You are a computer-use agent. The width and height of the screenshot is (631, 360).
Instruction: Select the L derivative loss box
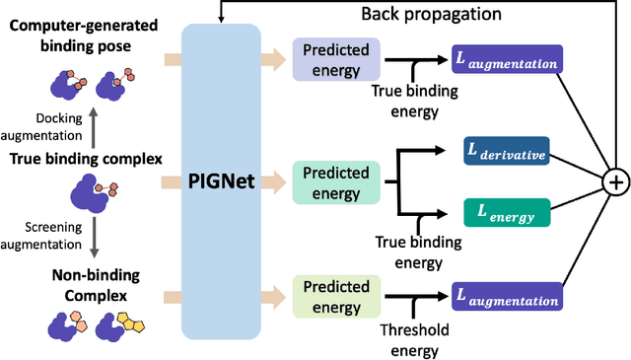click(x=505, y=153)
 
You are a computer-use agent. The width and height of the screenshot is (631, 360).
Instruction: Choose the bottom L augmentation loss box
click(x=505, y=295)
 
